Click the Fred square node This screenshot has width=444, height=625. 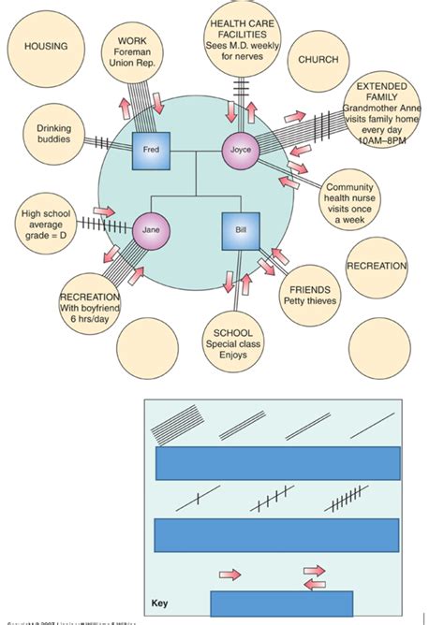(x=150, y=150)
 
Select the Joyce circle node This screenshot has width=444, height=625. (x=241, y=150)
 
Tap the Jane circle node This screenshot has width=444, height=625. (x=151, y=229)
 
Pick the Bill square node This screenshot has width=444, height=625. (x=240, y=230)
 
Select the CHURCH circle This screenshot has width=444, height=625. (x=318, y=60)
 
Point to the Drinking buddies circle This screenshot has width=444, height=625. (x=54, y=134)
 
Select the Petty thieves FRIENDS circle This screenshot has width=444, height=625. (x=309, y=296)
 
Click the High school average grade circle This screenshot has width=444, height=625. (x=49, y=225)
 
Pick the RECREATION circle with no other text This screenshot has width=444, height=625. (x=377, y=267)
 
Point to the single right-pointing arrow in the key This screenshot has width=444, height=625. (x=229, y=572)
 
